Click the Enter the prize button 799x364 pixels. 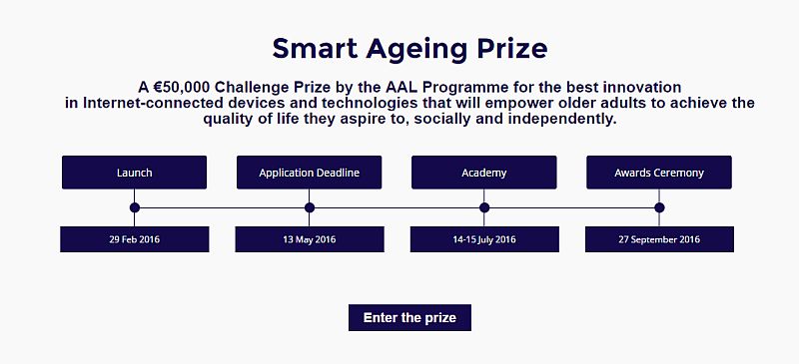pyautogui.click(x=409, y=318)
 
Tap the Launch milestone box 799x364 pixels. pyautogui.click(x=134, y=173)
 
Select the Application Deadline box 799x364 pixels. pyautogui.click(x=309, y=173)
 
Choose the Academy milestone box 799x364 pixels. pyautogui.click(x=484, y=173)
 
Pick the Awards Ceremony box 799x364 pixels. pyautogui.click(x=659, y=173)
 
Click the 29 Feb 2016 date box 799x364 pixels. pyautogui.click(x=134, y=239)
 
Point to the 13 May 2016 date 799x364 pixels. pyautogui.click(x=309, y=239)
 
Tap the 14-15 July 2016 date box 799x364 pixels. pyautogui.click(x=484, y=239)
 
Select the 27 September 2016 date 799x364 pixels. pyautogui.click(x=659, y=239)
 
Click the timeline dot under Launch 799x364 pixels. pyautogui.click(x=135, y=207)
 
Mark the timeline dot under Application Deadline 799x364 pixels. pyautogui.click(x=310, y=207)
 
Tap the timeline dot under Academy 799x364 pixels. pyautogui.click(x=484, y=207)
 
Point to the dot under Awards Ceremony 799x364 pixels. pyautogui.click(x=659, y=207)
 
